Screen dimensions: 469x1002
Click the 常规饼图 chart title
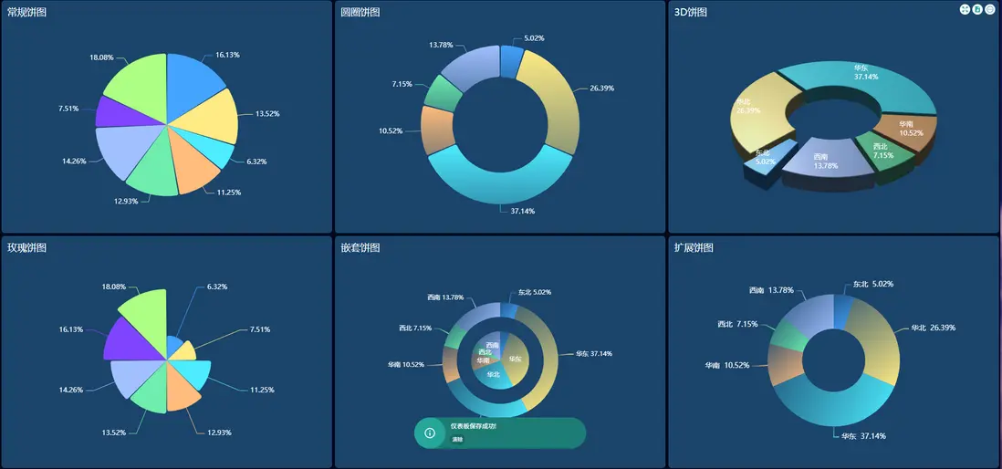[26, 13]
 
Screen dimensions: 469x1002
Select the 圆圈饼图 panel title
[360, 13]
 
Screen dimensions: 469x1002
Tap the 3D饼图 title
[690, 13]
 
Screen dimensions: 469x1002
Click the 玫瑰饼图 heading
[26, 248]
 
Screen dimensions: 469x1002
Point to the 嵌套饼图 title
[360, 248]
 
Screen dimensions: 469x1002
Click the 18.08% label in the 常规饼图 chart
[101, 57]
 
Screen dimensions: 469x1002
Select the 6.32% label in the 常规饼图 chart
[258, 162]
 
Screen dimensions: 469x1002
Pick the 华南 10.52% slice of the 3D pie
[903, 129]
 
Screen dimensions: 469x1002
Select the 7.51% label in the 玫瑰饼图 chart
[260, 329]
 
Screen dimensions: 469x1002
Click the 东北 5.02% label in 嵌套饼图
[534, 292]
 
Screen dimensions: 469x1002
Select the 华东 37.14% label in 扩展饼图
[862, 436]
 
